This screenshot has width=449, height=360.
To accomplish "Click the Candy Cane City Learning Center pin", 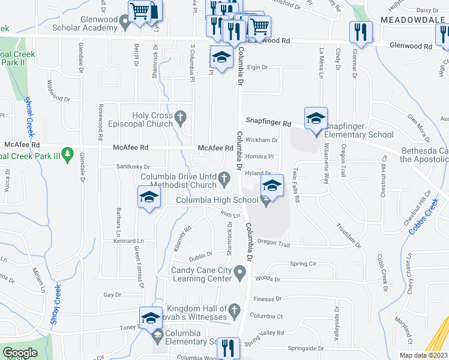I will (x=240, y=274).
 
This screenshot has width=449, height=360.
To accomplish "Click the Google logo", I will (x=20, y=353).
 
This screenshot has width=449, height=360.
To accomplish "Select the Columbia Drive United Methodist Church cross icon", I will (x=224, y=176).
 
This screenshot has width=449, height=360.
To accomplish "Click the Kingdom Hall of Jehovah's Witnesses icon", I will (x=235, y=310).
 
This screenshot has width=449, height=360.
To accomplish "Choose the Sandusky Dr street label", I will (x=133, y=167).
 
